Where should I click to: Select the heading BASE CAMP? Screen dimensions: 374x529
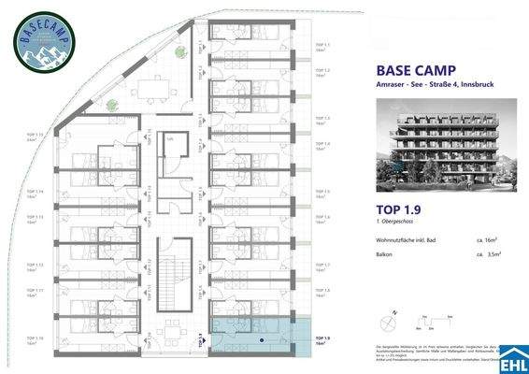[412, 70]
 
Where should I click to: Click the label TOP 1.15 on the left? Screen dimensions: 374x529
[36, 136]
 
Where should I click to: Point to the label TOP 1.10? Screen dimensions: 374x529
[36, 339]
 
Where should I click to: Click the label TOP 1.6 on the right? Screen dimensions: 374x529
[322, 218]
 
